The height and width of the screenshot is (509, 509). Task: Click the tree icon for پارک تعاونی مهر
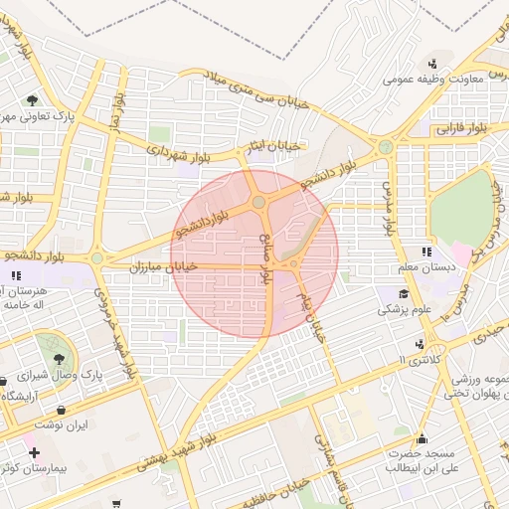tap(32, 100)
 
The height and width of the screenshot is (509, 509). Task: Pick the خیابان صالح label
tap(265, 261)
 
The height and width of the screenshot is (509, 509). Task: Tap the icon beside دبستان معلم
tap(427, 253)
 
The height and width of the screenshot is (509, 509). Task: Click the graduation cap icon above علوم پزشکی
tap(403, 293)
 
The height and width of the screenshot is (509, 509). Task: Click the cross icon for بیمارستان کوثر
tap(34, 452)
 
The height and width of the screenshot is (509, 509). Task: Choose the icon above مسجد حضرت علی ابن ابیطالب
tap(421, 437)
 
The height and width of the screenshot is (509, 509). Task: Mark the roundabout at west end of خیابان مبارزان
tap(96, 258)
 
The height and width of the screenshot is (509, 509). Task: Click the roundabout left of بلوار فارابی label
tap(385, 147)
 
